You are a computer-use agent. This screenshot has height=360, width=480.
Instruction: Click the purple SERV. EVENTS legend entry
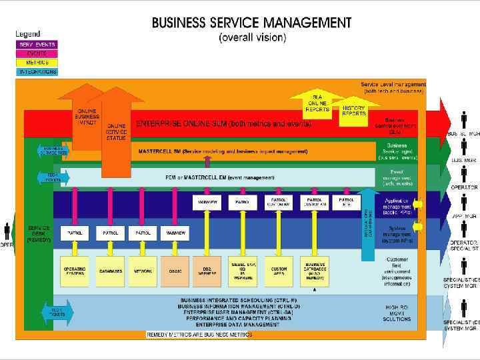(37, 45)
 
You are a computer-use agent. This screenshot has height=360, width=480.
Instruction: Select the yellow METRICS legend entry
(37, 62)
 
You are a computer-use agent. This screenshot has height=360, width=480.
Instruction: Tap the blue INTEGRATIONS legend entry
(37, 71)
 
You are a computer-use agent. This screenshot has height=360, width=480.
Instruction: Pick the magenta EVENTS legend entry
(37, 53)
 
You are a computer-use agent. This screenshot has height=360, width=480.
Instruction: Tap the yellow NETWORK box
(142, 271)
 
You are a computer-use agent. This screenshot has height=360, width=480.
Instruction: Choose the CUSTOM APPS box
(279, 271)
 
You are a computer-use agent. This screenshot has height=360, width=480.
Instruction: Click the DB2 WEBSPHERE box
(209, 271)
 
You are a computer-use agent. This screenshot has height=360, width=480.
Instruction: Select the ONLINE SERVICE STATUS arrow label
(117, 131)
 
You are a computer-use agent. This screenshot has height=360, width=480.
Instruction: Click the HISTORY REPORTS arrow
(353, 111)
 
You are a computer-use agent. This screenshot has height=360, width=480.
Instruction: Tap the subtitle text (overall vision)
(252, 38)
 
